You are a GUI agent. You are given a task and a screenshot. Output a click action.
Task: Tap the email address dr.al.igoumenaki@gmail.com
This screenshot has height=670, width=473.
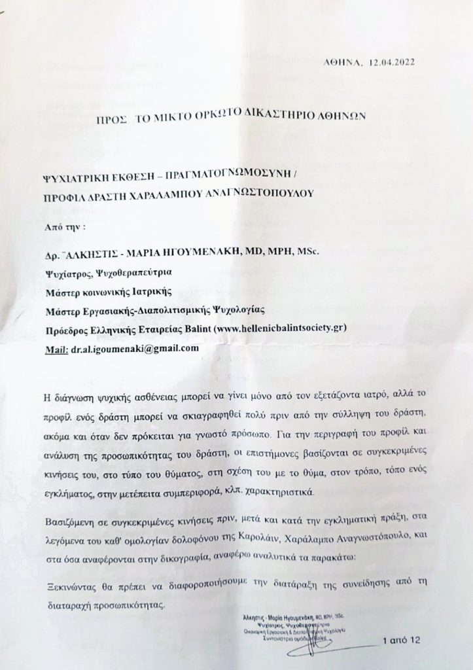135,348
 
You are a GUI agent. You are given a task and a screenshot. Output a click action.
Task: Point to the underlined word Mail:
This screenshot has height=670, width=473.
56,348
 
